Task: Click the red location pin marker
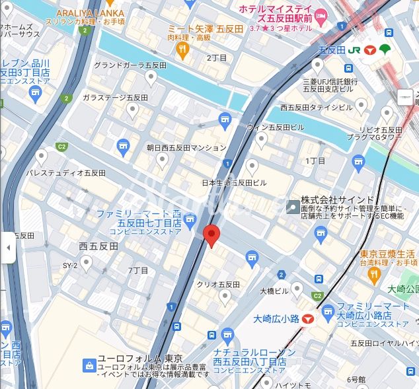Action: pos(211,234)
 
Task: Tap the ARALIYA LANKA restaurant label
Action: pos(90,13)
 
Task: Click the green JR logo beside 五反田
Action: pos(355,50)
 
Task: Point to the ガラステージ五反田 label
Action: pos(115,97)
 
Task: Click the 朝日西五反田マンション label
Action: pos(186,148)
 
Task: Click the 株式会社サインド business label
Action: pos(338,199)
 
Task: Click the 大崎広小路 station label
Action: pos(276,319)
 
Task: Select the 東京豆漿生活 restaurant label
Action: pos(387,254)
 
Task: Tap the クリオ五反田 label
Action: pos(218,284)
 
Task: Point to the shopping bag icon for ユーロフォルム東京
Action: pos(89,365)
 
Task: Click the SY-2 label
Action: pos(70,265)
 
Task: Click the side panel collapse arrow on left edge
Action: pos(7,248)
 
